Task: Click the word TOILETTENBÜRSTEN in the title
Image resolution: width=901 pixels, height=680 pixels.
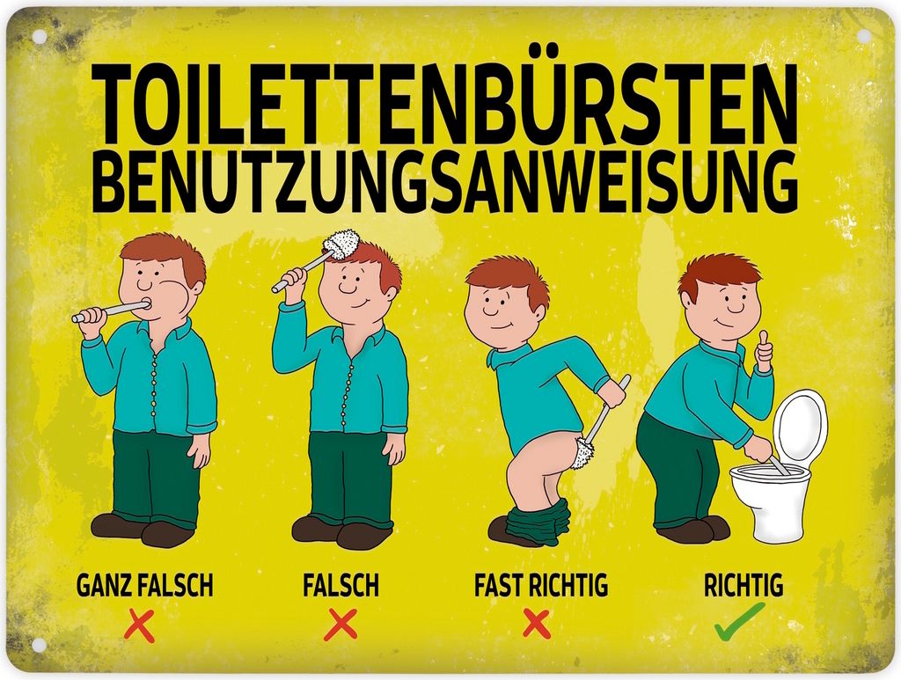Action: point(443,104)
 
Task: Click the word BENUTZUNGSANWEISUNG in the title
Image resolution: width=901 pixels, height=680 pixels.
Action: point(444,180)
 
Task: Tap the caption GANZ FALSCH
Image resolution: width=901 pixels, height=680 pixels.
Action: point(144,586)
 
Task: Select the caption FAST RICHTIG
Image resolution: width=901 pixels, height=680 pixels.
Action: point(541,586)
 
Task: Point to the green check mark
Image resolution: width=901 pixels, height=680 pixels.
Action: point(740,621)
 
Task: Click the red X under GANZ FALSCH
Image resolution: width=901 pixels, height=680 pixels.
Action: point(140,626)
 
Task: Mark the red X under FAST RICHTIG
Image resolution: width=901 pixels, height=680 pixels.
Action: point(537,625)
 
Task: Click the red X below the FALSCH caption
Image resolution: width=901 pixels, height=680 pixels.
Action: point(341,625)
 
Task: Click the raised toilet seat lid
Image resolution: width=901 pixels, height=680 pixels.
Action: point(801,428)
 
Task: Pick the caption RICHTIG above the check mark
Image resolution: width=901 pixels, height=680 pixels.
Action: point(744,586)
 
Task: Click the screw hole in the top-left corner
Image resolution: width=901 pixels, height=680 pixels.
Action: point(39,36)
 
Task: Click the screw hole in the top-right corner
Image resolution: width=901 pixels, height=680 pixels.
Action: point(864,36)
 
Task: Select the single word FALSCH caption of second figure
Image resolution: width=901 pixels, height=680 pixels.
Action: point(341,586)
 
